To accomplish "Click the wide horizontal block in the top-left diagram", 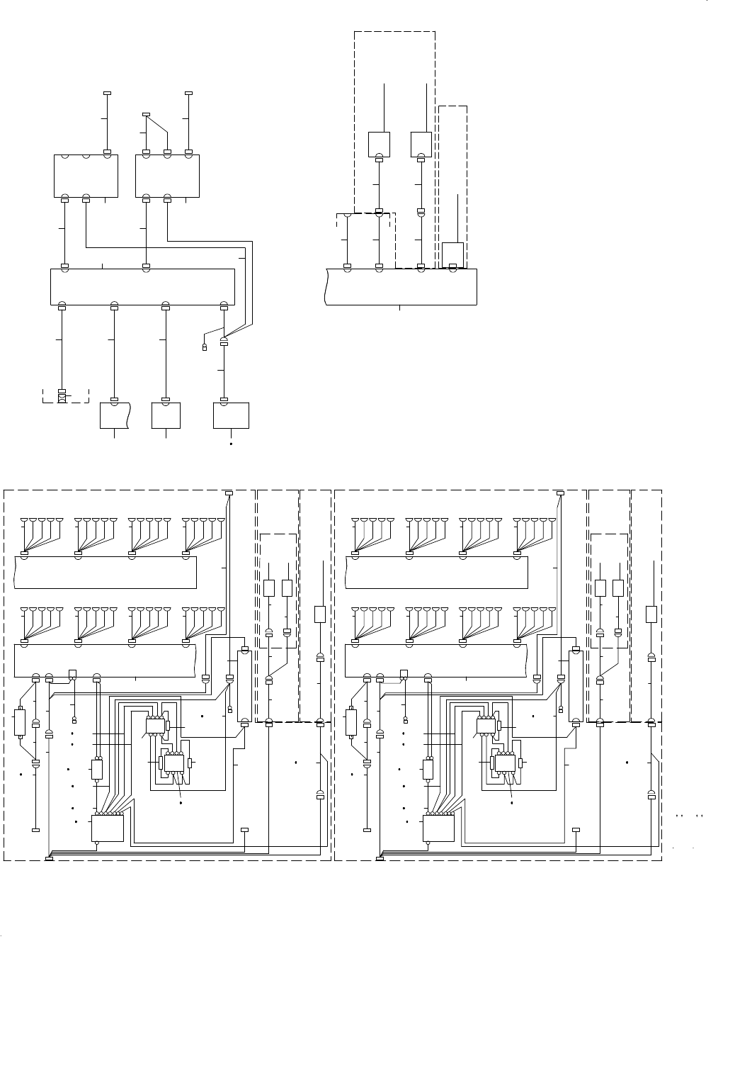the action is pyautogui.click(x=142, y=286).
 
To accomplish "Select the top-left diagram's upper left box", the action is pyautogui.click(x=86, y=176).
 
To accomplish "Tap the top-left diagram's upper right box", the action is pyautogui.click(x=167, y=176).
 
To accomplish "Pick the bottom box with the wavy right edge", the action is pyautogui.click(x=115, y=415).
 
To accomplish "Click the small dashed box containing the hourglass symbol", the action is pyautogui.click(x=65, y=395).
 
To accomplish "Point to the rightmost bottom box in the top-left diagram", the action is pyautogui.click(x=231, y=415).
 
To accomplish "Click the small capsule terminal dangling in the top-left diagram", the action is pyautogui.click(x=205, y=347).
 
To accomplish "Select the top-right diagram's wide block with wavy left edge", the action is pyautogui.click(x=401, y=286).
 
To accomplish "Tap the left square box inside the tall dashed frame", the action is pyautogui.click(x=380, y=144).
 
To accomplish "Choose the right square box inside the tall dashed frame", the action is pyautogui.click(x=421, y=144).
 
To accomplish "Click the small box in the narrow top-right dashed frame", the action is pyautogui.click(x=452, y=253).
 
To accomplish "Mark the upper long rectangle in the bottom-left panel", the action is pyautogui.click(x=105, y=572).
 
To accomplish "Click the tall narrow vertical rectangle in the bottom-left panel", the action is pyautogui.click(x=244, y=686).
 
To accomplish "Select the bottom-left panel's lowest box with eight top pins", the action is pyautogui.click(x=108, y=828).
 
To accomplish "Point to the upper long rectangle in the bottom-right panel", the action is pyautogui.click(x=436, y=572).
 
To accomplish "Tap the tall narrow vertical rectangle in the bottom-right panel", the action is pyautogui.click(x=576, y=686).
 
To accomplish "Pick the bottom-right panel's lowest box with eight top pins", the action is pyautogui.click(x=439, y=828).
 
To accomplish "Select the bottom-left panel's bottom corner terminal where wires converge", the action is pyautogui.click(x=49, y=859).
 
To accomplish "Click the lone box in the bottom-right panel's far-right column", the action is pyautogui.click(x=651, y=614).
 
